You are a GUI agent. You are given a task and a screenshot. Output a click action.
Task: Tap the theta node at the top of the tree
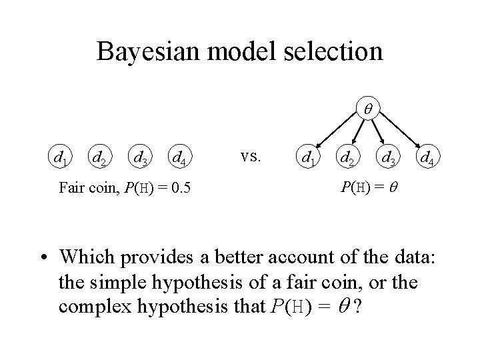click(x=367, y=107)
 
